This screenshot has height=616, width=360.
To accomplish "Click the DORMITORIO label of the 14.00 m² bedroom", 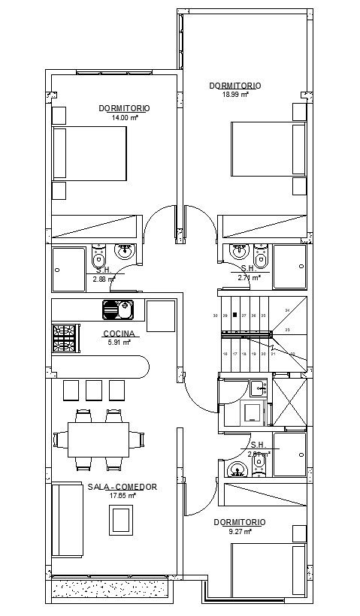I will (x=124, y=108).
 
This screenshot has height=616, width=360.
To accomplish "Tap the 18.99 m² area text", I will (x=235, y=95).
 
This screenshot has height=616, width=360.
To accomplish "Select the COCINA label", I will (x=119, y=334).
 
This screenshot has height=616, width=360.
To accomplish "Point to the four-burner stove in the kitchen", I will (x=65, y=338).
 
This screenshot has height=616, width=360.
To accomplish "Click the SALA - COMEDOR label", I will (x=122, y=487).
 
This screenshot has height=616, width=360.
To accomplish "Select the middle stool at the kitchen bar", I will (x=94, y=390).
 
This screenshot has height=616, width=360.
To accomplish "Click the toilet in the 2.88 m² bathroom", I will (x=98, y=260).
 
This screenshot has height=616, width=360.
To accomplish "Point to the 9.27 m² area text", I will (x=238, y=530).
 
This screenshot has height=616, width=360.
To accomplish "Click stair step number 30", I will (x=216, y=316).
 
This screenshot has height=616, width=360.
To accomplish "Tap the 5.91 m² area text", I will (x=119, y=342).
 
